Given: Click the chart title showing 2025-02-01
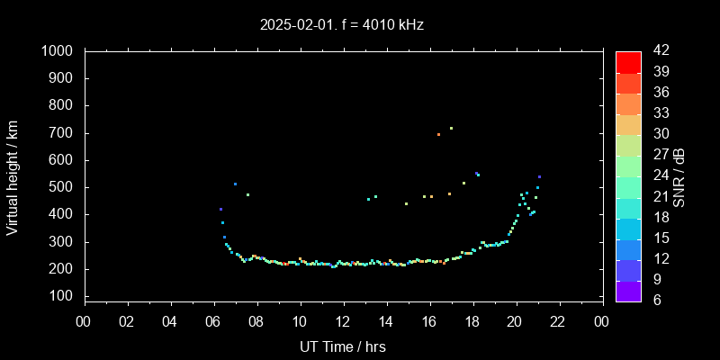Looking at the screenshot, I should coord(342,24).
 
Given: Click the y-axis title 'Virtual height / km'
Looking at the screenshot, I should coord(13,177).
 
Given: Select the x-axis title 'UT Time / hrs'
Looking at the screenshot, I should coord(342,346).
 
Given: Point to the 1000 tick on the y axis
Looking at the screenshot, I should coord(66,51).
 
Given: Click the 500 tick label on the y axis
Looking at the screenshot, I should coord(69,187).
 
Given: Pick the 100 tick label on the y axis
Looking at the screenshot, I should coord(69,296).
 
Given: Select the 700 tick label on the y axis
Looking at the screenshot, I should coord(69,133).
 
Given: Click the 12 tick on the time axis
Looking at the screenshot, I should coord(343,321).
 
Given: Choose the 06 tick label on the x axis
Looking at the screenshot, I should coord(213,321).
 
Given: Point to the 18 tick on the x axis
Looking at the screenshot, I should coord(472,321).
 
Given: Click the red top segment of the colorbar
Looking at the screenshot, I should coord(628,61).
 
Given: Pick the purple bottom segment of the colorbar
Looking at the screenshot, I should coord(628,290).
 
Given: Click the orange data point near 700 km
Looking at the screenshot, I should coord(438,134).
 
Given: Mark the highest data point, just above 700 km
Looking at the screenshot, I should coord(451,128).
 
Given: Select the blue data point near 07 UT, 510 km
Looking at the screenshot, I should coord(235,184).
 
